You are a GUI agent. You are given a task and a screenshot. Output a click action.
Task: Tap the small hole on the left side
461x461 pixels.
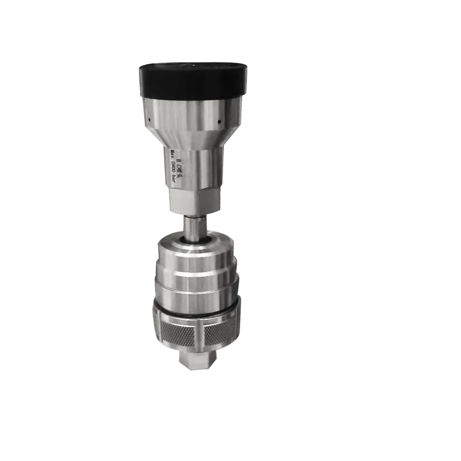pos(149,118)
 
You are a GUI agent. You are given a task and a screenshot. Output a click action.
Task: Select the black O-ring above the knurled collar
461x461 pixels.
pos(194,306)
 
